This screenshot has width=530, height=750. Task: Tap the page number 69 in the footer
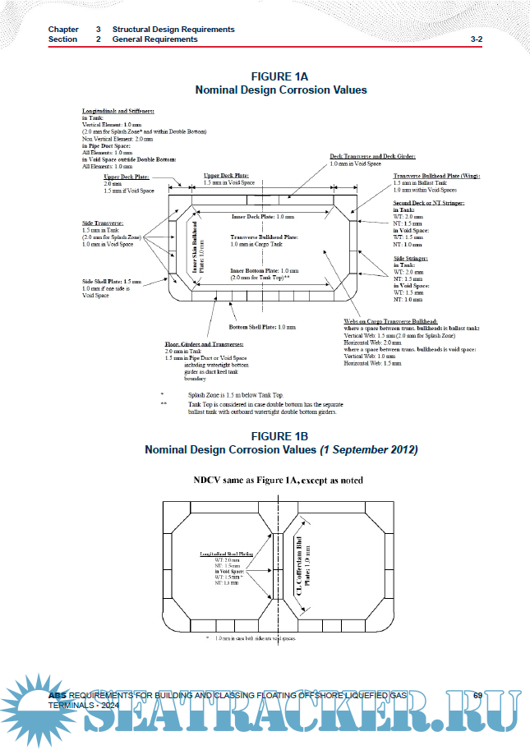click(477, 696)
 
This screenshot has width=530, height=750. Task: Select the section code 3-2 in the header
click(476, 39)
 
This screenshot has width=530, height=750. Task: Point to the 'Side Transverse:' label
click(103, 223)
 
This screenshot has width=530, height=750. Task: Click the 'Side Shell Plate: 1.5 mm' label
click(112, 281)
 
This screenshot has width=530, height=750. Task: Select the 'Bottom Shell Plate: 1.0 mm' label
click(261, 327)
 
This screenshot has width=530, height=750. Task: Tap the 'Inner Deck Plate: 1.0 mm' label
click(262, 216)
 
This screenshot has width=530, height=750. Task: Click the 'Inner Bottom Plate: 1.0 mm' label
click(264, 270)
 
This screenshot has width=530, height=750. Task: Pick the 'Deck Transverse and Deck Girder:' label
click(372, 156)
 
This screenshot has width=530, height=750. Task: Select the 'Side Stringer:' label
click(410, 258)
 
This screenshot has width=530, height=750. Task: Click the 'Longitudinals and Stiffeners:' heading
click(118, 109)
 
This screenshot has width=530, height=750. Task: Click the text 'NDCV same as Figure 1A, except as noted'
click(279, 479)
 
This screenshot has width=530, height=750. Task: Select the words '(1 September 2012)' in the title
click(369, 450)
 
